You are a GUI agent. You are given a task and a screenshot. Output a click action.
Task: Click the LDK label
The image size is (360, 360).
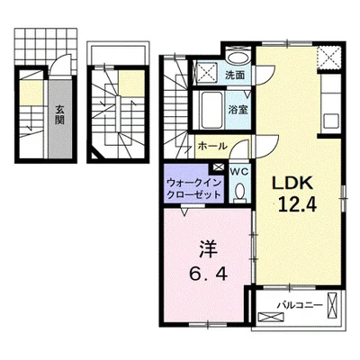coord(295,181)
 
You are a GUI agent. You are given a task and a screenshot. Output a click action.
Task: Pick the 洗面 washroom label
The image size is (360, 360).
coord(236,75)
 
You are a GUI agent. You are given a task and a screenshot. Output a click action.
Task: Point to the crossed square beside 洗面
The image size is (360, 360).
coord(206,73)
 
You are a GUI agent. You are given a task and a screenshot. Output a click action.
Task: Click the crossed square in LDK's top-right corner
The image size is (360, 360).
coord(330,56)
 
